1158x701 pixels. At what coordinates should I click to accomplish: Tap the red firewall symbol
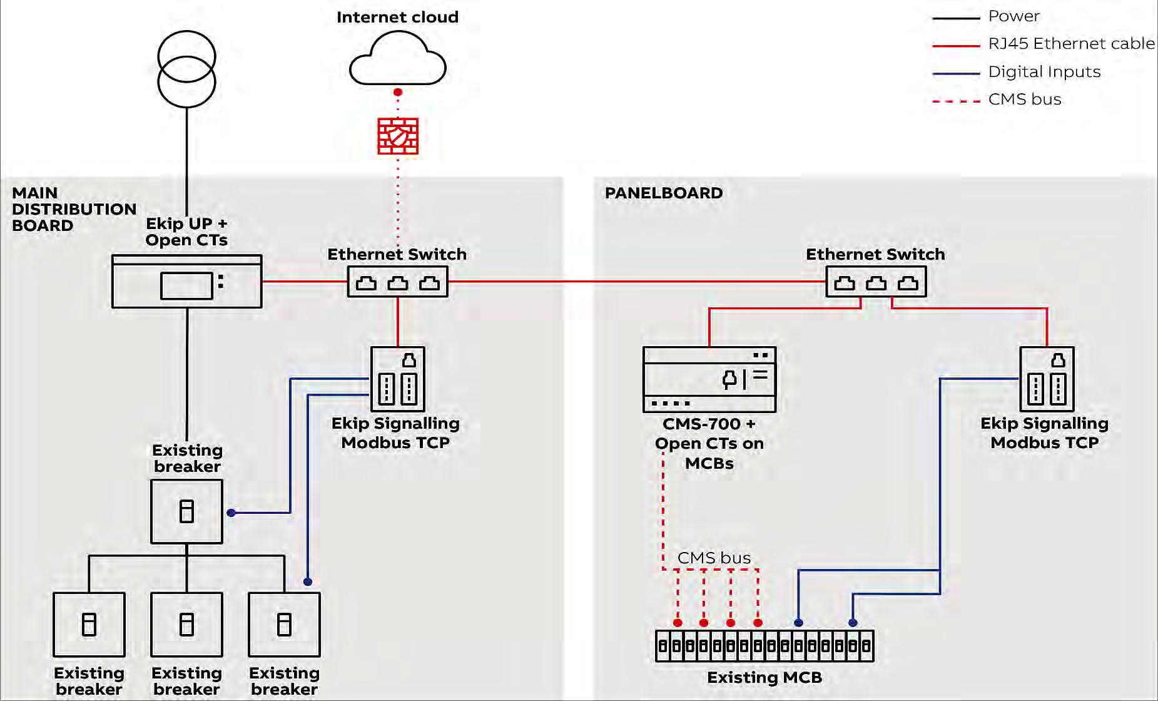pos(398,136)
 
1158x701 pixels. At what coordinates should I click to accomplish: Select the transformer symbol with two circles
pos(186,69)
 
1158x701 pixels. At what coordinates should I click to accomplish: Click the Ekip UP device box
pos(186,281)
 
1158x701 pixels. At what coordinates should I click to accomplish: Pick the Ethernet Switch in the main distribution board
pos(398,282)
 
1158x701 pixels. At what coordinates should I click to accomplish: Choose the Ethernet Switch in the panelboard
pos(876,282)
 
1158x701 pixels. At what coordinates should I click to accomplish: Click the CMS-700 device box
pos(709,379)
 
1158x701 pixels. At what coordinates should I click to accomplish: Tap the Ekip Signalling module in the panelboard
pos(1047,379)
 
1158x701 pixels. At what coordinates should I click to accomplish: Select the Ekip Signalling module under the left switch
pos(398,379)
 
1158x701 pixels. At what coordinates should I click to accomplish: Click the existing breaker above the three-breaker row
pos(186,511)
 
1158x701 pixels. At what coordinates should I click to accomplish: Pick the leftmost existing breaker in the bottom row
pos(89,624)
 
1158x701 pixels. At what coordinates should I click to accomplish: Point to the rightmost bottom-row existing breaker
pos(284,624)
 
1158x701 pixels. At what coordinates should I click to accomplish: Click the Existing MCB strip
pos(764,645)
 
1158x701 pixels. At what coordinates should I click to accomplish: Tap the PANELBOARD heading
pos(664,193)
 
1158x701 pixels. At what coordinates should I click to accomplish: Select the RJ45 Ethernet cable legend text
pos(1071,44)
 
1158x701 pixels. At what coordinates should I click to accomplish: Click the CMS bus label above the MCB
pos(714,558)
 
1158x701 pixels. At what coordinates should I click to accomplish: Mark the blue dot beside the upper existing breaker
pos(231,513)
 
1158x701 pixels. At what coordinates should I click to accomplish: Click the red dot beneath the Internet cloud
pos(398,92)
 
